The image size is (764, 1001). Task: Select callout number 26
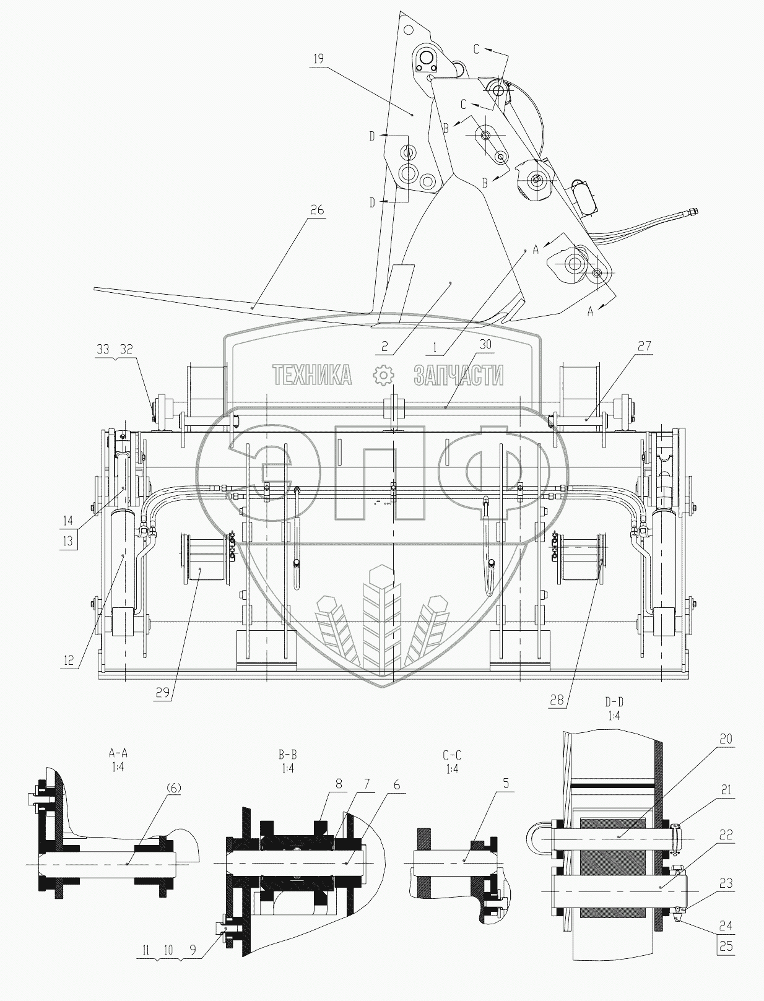coord(316,210)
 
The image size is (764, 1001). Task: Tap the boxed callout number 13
coord(67,540)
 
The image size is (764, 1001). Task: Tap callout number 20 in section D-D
coord(726,739)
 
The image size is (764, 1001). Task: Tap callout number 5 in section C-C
coord(506,784)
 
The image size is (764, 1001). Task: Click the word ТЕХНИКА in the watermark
coord(313,375)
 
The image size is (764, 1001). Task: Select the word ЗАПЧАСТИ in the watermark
coord(459,375)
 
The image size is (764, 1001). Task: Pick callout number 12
coord(68,661)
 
